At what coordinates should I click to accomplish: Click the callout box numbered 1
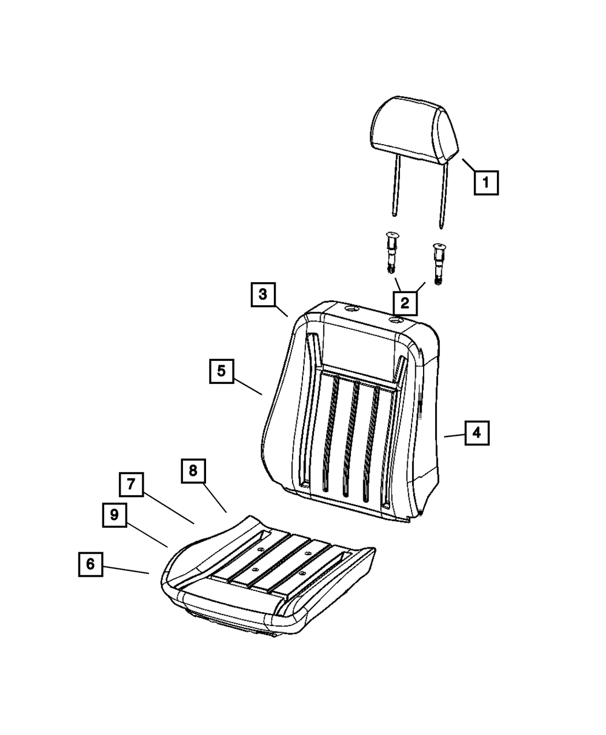[486, 183]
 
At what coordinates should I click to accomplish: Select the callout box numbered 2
[405, 303]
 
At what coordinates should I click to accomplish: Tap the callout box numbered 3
[263, 294]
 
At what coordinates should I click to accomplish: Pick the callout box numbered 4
[477, 433]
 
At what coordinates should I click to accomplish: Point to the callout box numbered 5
[221, 371]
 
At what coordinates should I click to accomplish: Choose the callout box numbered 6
[90, 564]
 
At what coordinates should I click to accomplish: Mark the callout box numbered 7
[131, 484]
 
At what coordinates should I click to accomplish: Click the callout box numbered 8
[193, 470]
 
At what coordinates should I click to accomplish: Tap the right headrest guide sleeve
[438, 263]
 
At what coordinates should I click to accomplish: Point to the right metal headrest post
[443, 196]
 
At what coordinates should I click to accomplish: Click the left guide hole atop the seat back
[351, 309]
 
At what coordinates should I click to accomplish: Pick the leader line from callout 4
[454, 436]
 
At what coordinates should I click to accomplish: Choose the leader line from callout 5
[248, 387]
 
